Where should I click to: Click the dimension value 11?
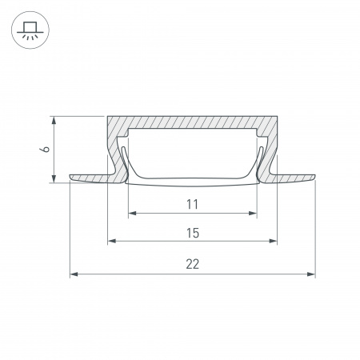tap(192, 204)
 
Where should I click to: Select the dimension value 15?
tap(193, 233)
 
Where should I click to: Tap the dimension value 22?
tap(193, 264)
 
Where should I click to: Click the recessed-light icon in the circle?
tap(30, 30)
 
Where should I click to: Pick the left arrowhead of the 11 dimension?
tap(132, 213)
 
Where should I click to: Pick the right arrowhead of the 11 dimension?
tap(253, 213)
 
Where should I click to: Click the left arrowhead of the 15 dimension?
tap(112, 241)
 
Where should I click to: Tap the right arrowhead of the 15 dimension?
tap(273, 241)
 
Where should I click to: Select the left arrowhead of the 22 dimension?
tap(74, 274)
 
